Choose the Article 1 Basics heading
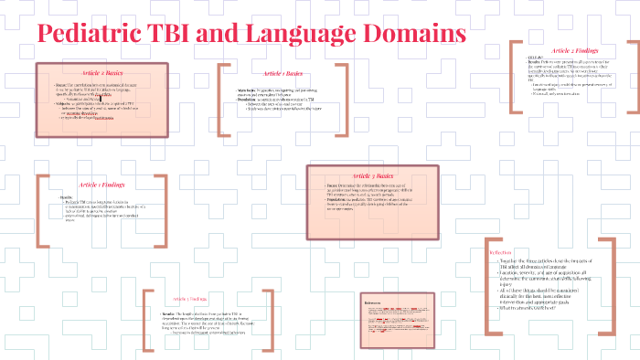[x=283, y=73]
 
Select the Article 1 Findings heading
[x=101, y=185]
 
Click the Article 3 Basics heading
[x=372, y=175]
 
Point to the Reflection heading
[x=501, y=250]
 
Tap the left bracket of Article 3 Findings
[x=145, y=320]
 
